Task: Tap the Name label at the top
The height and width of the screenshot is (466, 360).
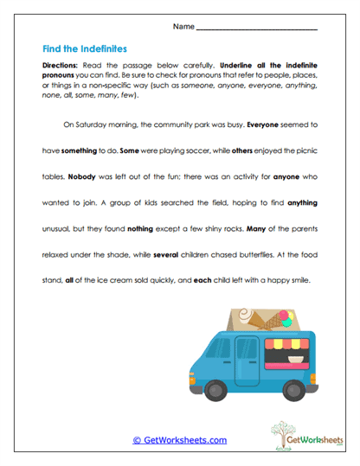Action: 183,27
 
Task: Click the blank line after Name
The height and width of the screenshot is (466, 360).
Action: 257,29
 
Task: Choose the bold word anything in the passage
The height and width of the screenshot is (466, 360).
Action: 299,202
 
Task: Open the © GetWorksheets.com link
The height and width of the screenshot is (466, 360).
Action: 180,440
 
